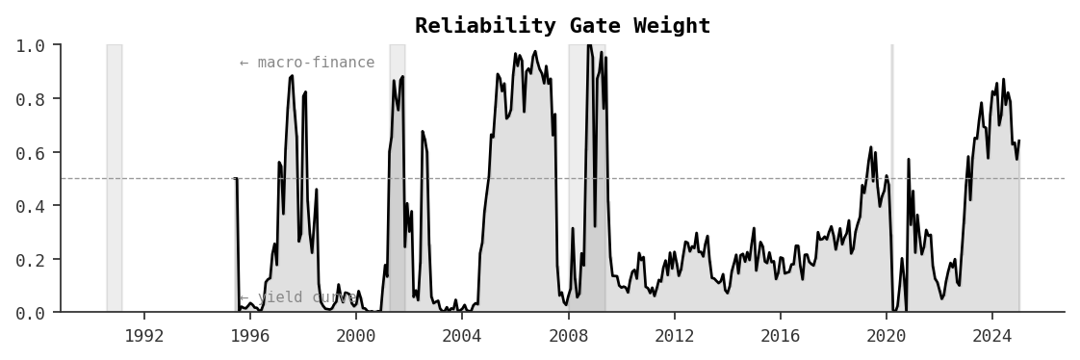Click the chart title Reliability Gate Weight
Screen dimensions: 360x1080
point(562,26)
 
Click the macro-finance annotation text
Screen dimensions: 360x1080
point(307,63)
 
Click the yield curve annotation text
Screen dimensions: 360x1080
point(297,297)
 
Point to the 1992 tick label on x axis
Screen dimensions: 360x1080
point(143,336)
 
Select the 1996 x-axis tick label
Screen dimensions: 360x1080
point(250,336)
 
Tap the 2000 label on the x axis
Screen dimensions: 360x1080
point(356,336)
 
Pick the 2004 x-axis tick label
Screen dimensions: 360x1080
point(462,336)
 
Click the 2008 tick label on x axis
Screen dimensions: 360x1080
point(568,336)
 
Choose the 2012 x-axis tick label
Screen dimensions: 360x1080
point(674,336)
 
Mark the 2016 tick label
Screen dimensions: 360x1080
point(780,336)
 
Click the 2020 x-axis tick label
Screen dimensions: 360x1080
point(887,336)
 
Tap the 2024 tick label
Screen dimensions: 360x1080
point(992,336)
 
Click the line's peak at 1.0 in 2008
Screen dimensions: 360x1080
point(588,45)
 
